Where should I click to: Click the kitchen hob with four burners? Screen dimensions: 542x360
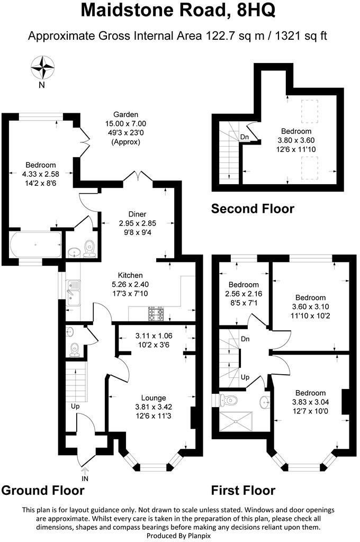tap(157, 314)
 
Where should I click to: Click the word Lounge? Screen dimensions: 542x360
tap(154, 398)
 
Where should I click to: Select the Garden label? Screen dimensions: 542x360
tap(125, 114)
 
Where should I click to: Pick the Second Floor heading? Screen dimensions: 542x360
tap(253, 209)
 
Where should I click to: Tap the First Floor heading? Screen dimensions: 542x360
tap(243, 490)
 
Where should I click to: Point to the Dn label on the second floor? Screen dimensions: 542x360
tap(245, 137)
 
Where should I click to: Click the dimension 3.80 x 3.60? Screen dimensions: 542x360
tap(296, 140)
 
